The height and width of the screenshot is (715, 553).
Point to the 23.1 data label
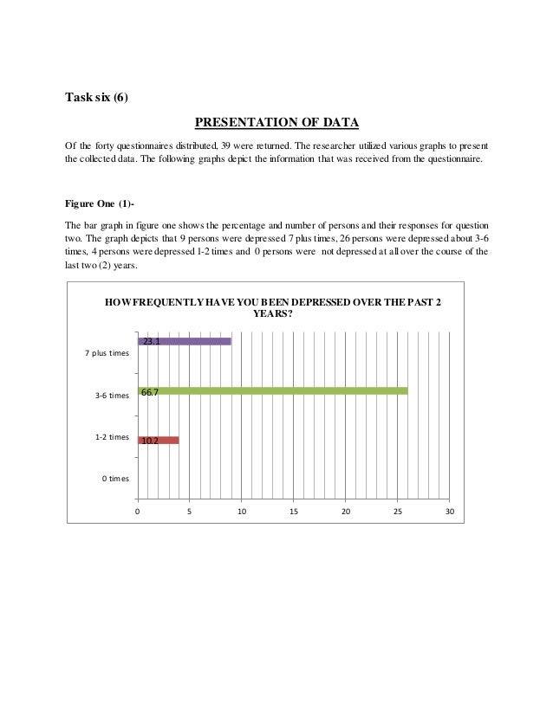tap(151, 342)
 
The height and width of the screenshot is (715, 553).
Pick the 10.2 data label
tap(149, 441)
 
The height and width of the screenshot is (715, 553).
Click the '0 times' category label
tap(112, 477)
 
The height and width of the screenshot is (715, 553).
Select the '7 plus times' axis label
tap(107, 353)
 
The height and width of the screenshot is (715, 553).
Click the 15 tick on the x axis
tap(293, 512)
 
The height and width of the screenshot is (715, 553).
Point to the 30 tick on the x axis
tap(449, 512)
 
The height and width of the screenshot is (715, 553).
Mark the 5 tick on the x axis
tap(189, 512)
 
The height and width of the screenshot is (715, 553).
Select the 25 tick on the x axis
tap(397, 512)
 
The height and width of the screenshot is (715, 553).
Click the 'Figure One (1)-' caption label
tap(98, 203)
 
